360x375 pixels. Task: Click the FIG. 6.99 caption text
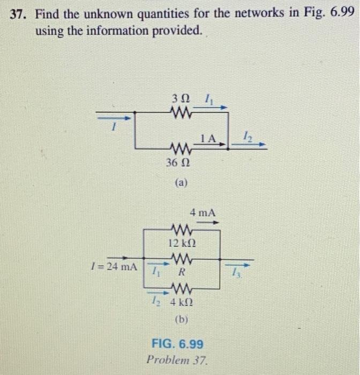pos(178,343)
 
